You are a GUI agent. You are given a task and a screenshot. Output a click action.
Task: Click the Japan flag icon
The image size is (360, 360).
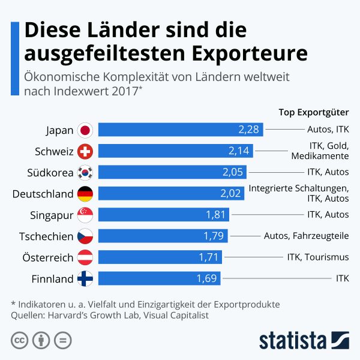pos(85,130)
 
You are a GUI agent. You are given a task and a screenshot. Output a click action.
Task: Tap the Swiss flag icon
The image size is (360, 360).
pos(85,151)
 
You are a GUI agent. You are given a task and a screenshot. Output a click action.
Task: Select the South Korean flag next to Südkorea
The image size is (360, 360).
pos(85,172)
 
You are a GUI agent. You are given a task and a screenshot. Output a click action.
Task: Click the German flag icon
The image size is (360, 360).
pos(85,194)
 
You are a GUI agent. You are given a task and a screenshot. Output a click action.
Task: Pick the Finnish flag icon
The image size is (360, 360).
pos(85,279)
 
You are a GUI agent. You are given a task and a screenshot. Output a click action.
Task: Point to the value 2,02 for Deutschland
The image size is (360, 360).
pos(231,194)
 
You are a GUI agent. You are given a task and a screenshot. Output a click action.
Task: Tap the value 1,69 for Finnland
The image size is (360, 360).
pos(207,279)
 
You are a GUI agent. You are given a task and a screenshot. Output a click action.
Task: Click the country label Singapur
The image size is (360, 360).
pos(52,215)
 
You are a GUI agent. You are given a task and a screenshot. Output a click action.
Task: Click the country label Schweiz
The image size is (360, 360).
pos(55,151)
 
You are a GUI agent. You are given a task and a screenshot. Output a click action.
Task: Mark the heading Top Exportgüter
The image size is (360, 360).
pos(314,112)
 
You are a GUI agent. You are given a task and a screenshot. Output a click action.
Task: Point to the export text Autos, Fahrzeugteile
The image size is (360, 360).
pos(306,236)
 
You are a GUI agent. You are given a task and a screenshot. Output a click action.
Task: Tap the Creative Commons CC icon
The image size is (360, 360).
pos(19,340)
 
